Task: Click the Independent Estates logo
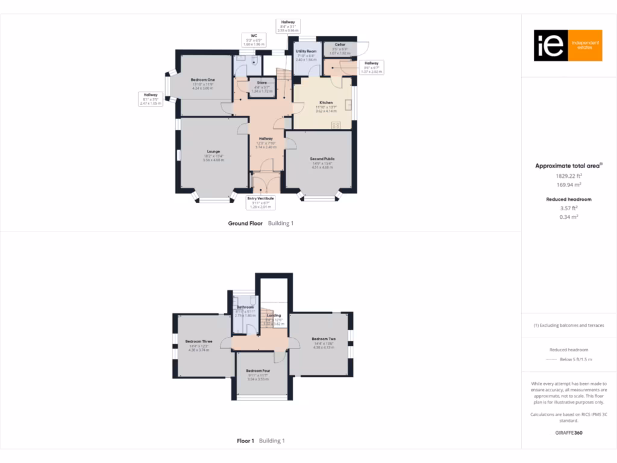[x=568, y=45]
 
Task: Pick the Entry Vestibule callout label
[x=260, y=202]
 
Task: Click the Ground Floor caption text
[x=245, y=223]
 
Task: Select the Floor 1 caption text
[x=246, y=441]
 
